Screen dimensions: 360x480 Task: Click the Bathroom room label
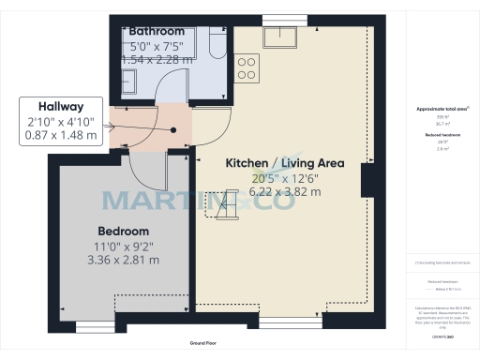click(157, 31)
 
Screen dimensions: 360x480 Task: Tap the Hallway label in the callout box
click(61, 107)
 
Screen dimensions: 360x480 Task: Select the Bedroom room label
click(124, 231)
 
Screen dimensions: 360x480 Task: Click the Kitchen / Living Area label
click(285, 163)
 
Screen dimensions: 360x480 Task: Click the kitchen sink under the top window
click(280, 37)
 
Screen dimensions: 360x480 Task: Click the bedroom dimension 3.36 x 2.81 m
click(124, 261)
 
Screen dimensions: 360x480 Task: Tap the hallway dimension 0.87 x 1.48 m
click(61, 135)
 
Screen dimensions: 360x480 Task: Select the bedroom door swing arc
click(141, 173)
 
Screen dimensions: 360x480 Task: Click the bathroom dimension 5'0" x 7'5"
click(157, 45)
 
